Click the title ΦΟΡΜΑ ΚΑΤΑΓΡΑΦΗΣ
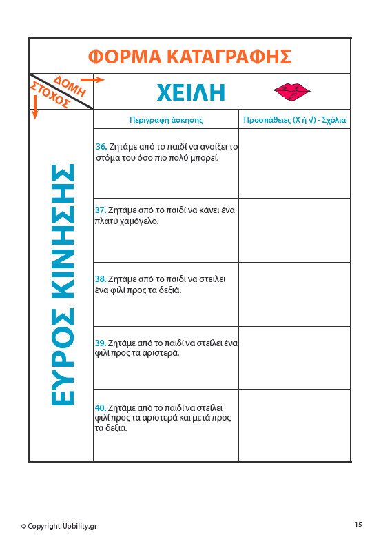click(x=190, y=56)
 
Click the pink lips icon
click(x=292, y=90)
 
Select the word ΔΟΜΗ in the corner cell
click(x=70, y=85)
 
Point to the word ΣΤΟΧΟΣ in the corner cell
click(x=50, y=94)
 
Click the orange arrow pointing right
click(x=96, y=80)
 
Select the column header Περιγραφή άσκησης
click(x=166, y=119)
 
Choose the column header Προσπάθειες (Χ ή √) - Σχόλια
click(x=294, y=119)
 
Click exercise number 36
click(x=101, y=147)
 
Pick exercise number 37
click(x=100, y=210)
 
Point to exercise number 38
click(x=100, y=279)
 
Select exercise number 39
click(x=100, y=343)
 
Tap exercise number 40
click(x=100, y=407)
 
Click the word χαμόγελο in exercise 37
click(x=141, y=221)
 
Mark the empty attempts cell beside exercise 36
click(x=294, y=163)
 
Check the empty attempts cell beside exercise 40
click(x=294, y=425)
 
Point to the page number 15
click(x=358, y=525)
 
